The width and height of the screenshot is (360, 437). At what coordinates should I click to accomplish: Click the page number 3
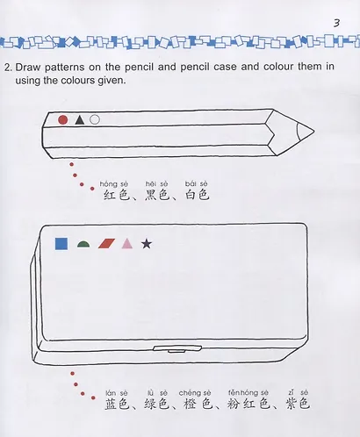click(x=338, y=20)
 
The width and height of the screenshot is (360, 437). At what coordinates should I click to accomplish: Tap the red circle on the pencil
click(x=62, y=119)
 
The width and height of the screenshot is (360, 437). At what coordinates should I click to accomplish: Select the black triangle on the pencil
click(x=79, y=119)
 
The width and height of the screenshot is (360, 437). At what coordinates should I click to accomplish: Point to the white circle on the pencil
click(x=95, y=119)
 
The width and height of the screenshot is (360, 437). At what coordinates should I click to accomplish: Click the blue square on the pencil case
click(x=61, y=244)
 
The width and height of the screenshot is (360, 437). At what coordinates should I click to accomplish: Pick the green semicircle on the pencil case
click(x=84, y=245)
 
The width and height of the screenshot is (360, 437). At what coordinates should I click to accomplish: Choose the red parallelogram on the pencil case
click(x=105, y=244)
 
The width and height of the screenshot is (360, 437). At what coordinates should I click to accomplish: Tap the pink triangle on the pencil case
click(x=126, y=244)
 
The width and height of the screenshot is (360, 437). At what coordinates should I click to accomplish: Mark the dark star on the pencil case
click(x=147, y=243)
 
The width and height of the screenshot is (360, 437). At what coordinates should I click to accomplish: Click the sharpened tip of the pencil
click(x=309, y=132)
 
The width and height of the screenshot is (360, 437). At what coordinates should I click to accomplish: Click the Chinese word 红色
click(x=116, y=195)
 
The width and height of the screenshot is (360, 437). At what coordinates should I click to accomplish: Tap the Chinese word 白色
click(x=197, y=195)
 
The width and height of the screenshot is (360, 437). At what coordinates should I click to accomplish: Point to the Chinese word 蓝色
click(x=118, y=405)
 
